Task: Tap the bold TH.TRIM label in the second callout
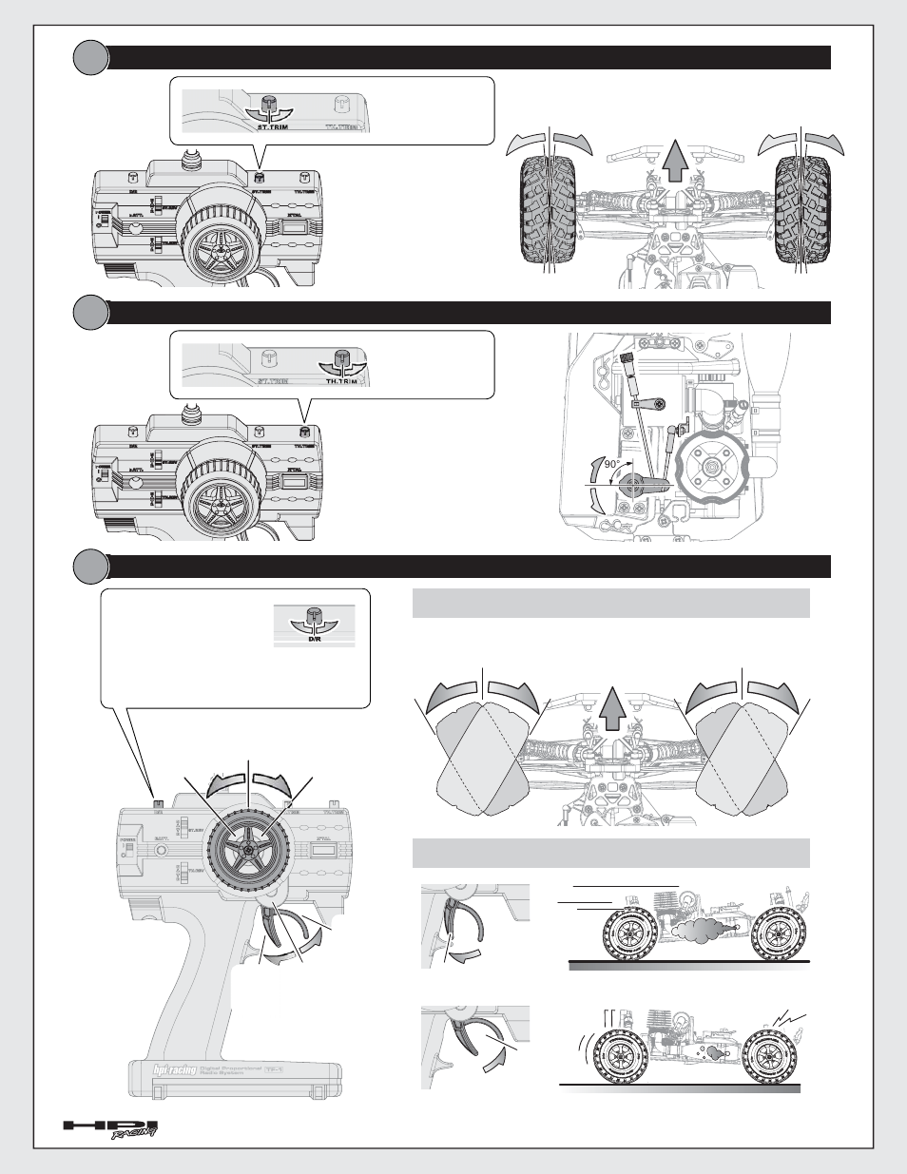click(342, 380)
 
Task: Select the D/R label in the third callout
click(313, 639)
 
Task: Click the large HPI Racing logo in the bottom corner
click(110, 1128)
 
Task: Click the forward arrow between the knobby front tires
click(674, 159)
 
